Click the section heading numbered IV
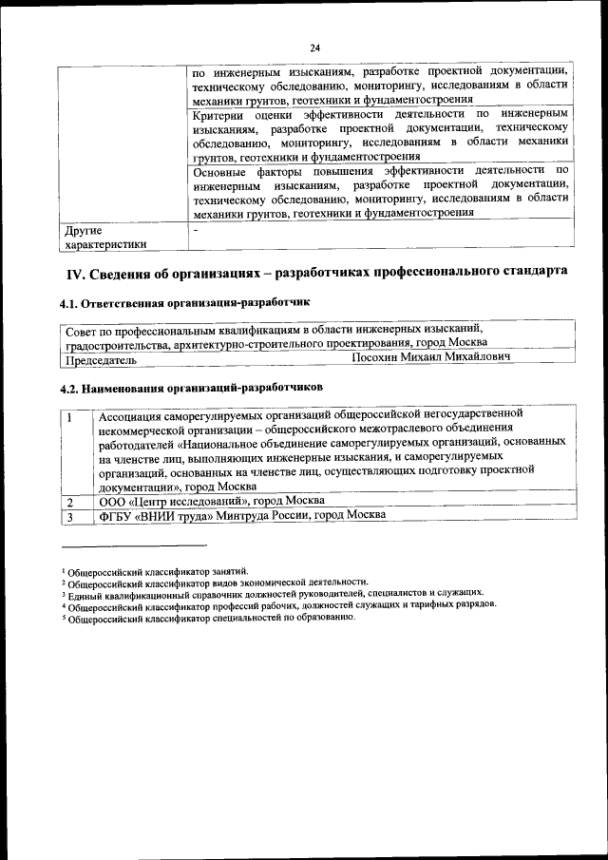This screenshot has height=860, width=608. [315, 272]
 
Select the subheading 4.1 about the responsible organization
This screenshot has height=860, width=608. [185, 303]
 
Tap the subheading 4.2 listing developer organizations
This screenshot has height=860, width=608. [191, 388]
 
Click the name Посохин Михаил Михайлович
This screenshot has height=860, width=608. [430, 358]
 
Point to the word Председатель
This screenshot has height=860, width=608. [102, 360]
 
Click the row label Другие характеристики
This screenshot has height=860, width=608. [104, 237]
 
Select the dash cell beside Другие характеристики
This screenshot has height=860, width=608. [195, 230]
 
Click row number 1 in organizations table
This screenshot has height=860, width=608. [69, 415]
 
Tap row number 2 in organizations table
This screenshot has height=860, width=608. [69, 500]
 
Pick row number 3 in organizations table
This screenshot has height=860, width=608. [69, 515]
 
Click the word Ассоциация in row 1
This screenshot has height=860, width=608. [135, 414]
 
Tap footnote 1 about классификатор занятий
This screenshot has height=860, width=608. [156, 570]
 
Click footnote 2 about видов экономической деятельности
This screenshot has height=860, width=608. [214, 582]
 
